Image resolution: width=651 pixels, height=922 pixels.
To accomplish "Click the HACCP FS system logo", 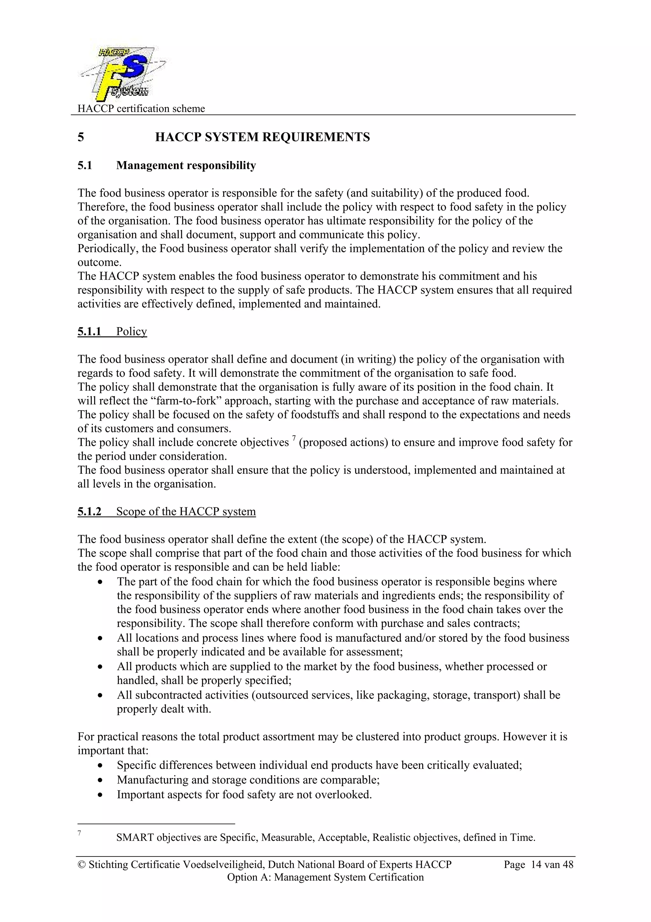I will click(122, 73).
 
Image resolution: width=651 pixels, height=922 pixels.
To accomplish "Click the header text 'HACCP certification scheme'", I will click(141, 108).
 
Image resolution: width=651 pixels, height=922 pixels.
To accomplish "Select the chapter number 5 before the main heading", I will click(81, 137).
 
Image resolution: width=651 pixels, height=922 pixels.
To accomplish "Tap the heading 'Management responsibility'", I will click(186, 165).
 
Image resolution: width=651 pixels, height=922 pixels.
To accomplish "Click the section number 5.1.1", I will click(89, 332).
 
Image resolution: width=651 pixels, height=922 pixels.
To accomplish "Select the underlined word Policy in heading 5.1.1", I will click(132, 332).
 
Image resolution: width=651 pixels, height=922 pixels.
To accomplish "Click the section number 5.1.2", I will click(89, 512).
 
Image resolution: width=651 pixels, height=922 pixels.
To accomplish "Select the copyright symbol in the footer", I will click(81, 865).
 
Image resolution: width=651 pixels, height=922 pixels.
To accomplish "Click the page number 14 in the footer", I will click(536, 865).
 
